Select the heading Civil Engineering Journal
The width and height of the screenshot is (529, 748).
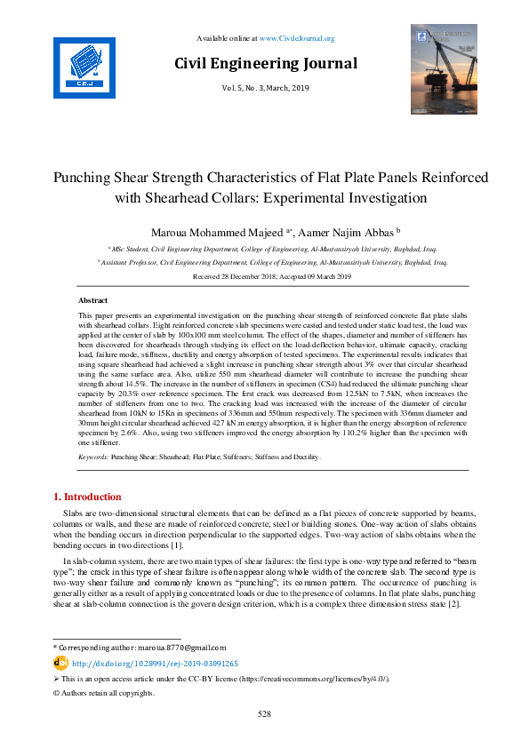tap(265, 63)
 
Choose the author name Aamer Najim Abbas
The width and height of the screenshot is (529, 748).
tap(351, 233)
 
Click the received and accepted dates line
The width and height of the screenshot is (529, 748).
tap(264, 277)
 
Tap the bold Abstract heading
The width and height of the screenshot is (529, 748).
tap(93, 301)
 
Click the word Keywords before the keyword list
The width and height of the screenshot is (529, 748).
tap(93, 456)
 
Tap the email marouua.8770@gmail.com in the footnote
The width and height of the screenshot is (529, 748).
tap(186, 648)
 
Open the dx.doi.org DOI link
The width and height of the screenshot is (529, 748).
tap(155, 663)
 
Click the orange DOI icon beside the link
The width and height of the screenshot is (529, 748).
tap(60, 663)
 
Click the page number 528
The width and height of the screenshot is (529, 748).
tap(264, 713)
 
